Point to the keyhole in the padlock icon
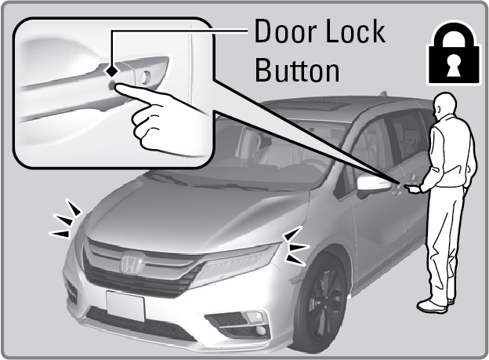point(454,65)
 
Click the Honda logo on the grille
point(129,264)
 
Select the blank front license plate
point(125,305)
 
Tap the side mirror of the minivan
point(374,184)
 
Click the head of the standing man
point(445,105)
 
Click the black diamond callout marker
point(111,71)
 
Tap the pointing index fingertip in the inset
point(118,88)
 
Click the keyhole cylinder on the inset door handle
point(145,77)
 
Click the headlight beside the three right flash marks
point(237,263)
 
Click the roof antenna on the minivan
point(383,93)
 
